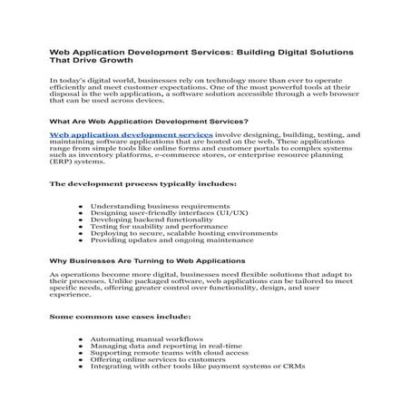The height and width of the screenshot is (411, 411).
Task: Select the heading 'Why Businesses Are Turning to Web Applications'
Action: click(x=146, y=259)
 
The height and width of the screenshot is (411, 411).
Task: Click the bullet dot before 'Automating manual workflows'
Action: click(x=82, y=339)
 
